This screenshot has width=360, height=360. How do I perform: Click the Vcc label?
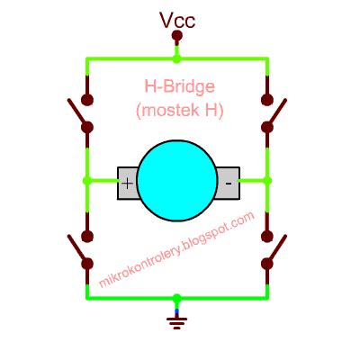[x=177, y=21]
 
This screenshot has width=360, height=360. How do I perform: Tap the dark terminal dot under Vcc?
[x=177, y=36]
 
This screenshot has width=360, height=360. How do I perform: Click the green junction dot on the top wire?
[x=177, y=58]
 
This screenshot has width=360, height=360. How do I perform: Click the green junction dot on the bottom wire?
[x=177, y=298]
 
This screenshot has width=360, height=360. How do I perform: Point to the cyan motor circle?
[x=177, y=181]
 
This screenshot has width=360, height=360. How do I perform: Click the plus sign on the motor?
[x=128, y=183]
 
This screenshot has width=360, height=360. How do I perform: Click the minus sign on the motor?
[x=229, y=183]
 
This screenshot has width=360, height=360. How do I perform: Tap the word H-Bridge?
[x=180, y=86]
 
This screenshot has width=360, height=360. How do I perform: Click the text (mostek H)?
[x=180, y=110]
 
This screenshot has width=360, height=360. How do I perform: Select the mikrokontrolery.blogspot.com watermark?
[x=177, y=249]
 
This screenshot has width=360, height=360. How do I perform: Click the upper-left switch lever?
[x=77, y=112]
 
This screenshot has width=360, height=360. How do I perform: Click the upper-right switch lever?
[x=276, y=112]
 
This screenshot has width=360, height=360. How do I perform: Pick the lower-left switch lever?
[x=77, y=249]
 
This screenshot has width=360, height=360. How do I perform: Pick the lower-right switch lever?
[x=276, y=249]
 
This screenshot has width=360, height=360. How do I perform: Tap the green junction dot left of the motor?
[x=87, y=181]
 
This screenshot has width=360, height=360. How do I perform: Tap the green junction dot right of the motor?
[x=267, y=181]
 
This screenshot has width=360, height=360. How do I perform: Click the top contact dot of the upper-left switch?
[x=87, y=100]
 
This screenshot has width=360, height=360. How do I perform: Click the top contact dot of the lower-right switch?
[x=267, y=237]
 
